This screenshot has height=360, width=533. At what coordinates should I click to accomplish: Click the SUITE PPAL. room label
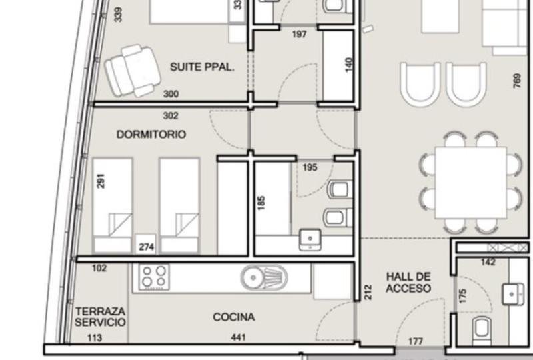[x=202, y=67]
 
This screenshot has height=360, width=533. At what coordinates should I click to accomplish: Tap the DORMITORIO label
[x=151, y=135]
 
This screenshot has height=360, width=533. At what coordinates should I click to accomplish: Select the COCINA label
[x=234, y=317]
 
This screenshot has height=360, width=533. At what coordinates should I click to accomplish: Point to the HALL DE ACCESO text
[x=408, y=283]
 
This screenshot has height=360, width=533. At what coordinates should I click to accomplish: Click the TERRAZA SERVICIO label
[x=100, y=317]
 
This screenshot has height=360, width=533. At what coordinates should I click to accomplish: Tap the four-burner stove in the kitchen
[x=154, y=277]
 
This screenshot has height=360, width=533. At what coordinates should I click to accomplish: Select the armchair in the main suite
[x=132, y=71]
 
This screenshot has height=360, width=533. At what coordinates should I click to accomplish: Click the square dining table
[x=471, y=183]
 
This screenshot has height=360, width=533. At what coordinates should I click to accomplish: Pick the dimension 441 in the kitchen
[x=238, y=337]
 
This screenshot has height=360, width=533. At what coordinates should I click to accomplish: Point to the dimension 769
[x=517, y=81]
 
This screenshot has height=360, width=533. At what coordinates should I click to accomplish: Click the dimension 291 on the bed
[x=101, y=181]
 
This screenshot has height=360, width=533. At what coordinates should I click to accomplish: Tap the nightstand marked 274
[x=146, y=245]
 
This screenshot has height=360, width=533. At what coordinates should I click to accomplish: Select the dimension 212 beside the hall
[x=368, y=292]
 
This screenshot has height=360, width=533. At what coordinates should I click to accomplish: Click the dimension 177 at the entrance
[x=415, y=341]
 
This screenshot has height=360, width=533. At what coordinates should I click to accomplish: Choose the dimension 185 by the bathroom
[x=261, y=203]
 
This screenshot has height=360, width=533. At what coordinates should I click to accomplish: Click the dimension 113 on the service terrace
[x=95, y=337]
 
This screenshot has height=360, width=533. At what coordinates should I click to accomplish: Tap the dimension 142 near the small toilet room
[x=488, y=262]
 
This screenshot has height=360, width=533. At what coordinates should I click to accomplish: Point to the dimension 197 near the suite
[x=299, y=34]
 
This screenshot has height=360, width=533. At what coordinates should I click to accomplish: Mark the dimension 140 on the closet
[x=348, y=65]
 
